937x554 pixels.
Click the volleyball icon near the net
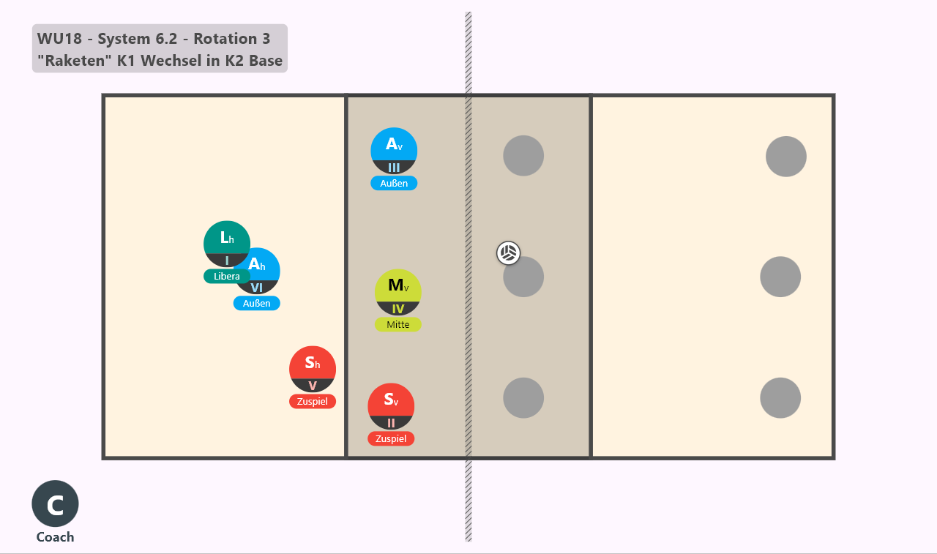[x=508, y=253]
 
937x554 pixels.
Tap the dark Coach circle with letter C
[x=55, y=504]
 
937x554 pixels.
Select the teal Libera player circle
[x=227, y=244]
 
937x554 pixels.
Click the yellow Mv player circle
[x=397, y=292]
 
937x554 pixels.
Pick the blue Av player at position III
[x=394, y=151]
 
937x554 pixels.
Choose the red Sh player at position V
[x=313, y=369]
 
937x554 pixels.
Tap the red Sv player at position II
[x=391, y=406]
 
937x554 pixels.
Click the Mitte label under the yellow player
[x=397, y=324]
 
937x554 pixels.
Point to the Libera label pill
[x=227, y=277]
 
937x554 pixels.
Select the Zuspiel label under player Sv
[x=391, y=438]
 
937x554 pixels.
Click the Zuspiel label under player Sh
[x=313, y=401]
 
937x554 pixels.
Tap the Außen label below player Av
[x=394, y=183]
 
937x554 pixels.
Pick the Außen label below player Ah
[x=256, y=303]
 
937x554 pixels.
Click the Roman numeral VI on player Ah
[x=256, y=288]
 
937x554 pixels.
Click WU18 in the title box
[x=59, y=39]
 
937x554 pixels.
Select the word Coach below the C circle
[x=55, y=537]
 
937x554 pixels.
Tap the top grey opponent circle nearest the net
[x=523, y=156]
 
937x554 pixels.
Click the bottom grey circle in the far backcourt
[x=780, y=397]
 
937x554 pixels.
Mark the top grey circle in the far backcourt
[x=786, y=157]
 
